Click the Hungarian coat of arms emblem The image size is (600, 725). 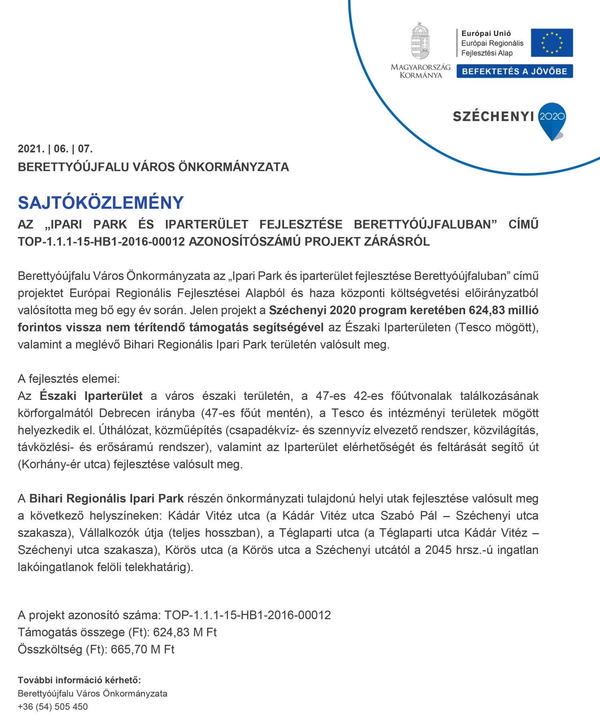[420, 41]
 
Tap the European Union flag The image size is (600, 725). [552, 42]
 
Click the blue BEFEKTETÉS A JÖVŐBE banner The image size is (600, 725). [514, 71]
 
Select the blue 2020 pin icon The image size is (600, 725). [552, 119]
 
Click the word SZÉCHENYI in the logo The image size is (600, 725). [493, 116]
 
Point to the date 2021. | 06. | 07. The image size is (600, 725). [55, 149]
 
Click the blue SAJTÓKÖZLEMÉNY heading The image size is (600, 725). [101, 203]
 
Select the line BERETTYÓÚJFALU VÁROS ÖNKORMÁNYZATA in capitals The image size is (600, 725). [153, 167]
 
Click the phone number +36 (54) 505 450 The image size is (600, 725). [53, 707]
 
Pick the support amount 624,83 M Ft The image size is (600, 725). [185, 632]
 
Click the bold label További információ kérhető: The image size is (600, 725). [79, 680]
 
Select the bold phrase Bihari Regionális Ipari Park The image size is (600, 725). [106, 498]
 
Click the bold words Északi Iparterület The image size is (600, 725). [91, 396]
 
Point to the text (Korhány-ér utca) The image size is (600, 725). [64, 464]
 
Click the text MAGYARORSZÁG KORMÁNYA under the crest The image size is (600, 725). [420, 71]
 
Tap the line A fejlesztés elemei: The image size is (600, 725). [69, 379]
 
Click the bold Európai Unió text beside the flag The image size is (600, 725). [486, 34]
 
